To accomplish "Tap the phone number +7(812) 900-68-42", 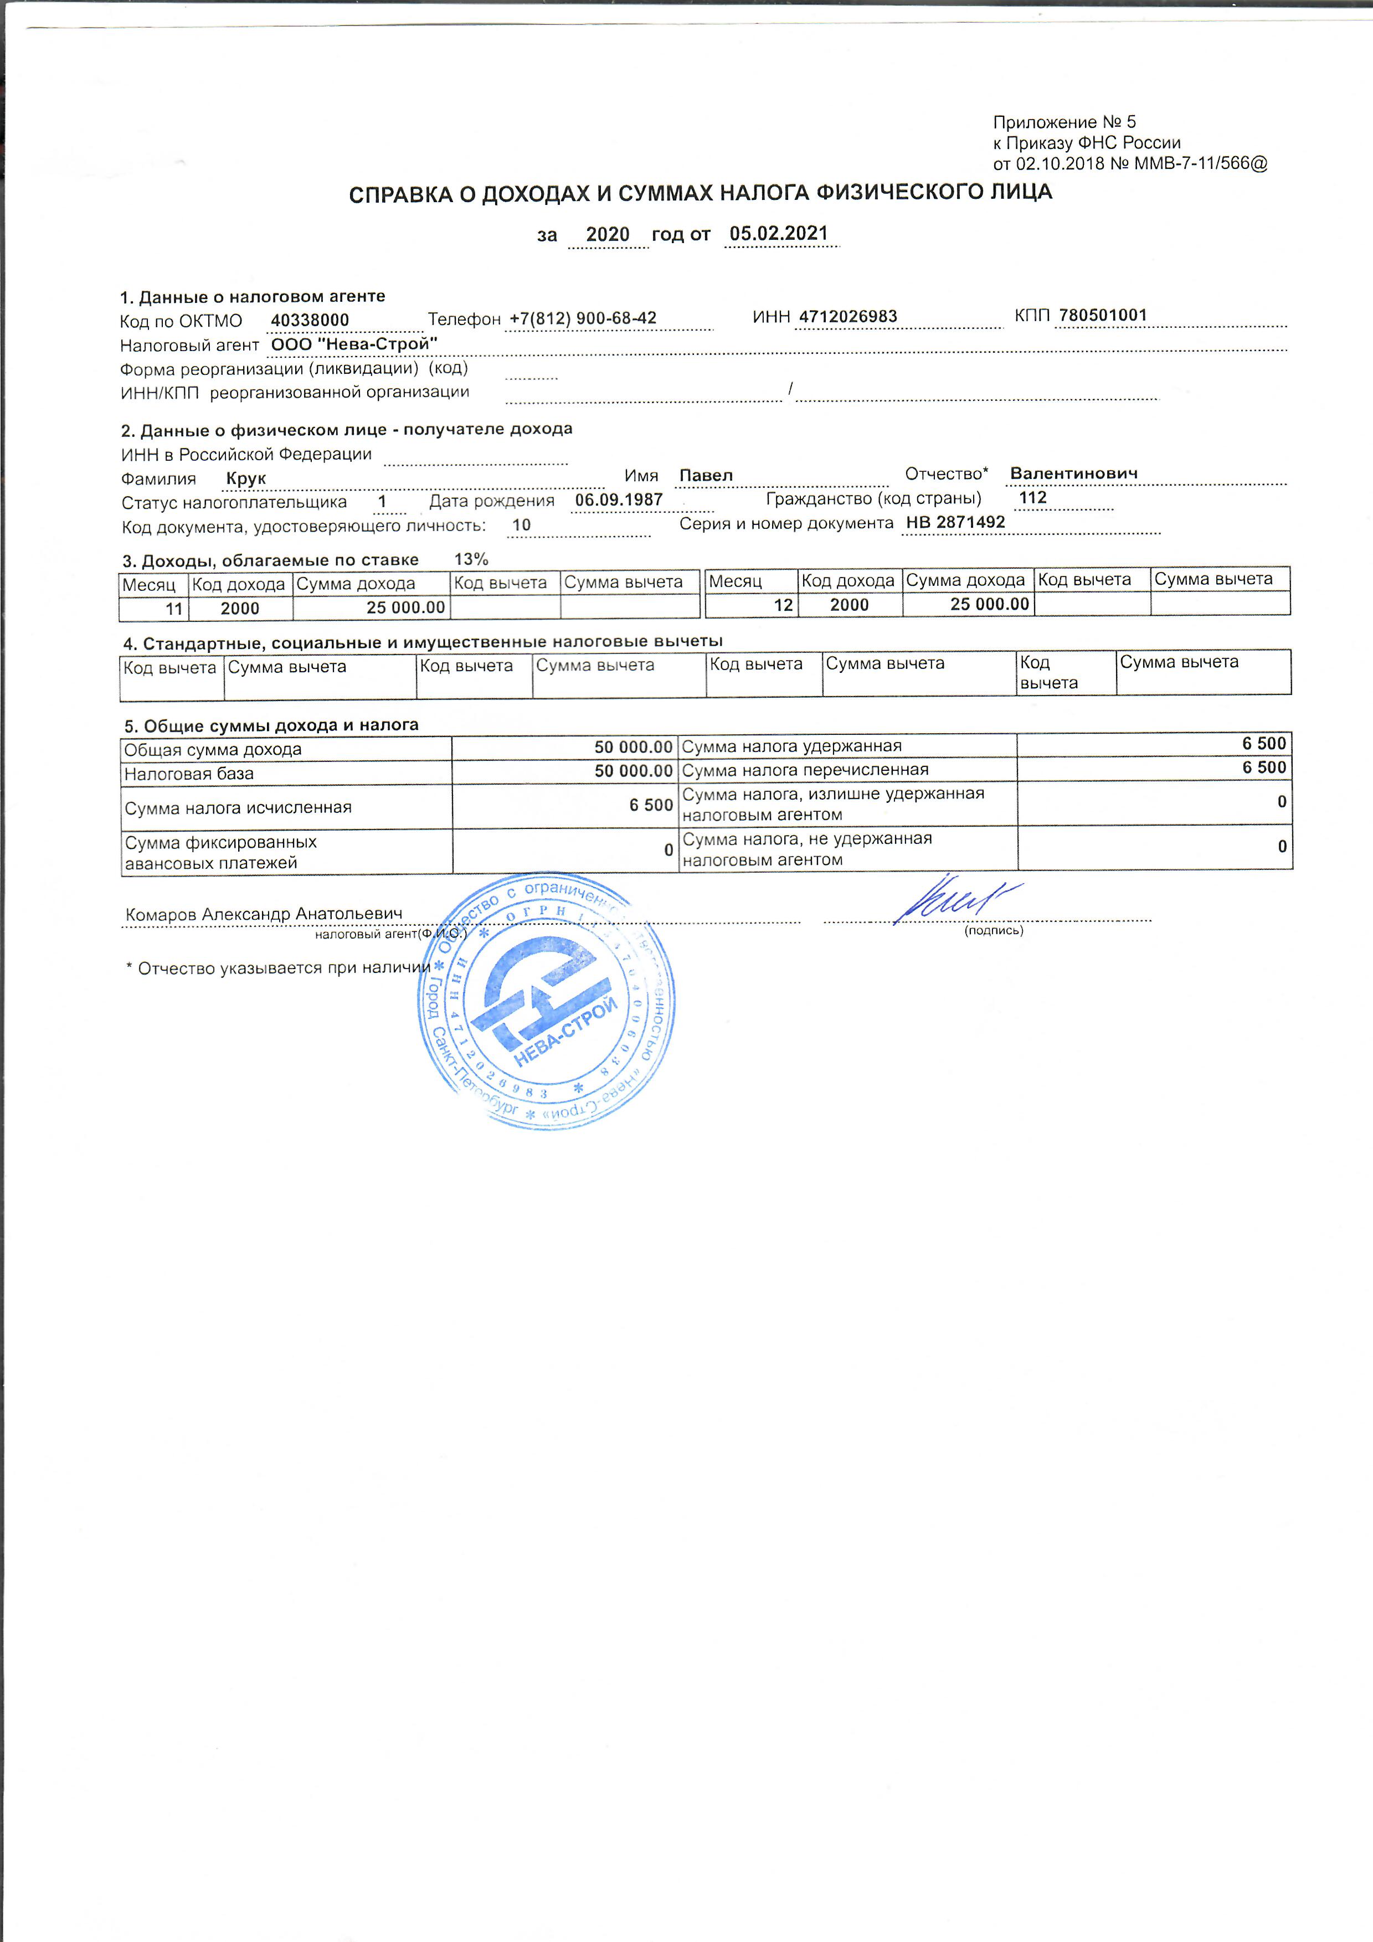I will coord(583,318).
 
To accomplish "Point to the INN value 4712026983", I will coord(847,316).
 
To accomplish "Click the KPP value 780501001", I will coord(1102,316).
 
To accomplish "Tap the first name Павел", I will coord(706,475).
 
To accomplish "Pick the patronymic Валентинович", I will coord(1073,473).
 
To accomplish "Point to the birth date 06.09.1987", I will coord(619,500).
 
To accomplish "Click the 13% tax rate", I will coord(471,559).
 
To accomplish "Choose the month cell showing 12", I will coord(783,605).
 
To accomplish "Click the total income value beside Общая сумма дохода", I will coord(633,748).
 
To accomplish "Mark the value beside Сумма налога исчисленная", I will coord(651,805).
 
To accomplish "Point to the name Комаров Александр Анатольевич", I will coord(264,914).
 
